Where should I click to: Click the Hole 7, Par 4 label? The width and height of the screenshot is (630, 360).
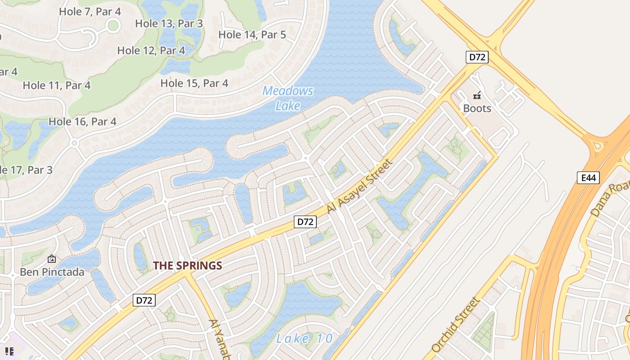click(x=90, y=12)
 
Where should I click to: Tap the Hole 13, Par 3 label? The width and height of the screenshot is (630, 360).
click(x=169, y=23)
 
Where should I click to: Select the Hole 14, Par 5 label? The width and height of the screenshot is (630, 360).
click(x=252, y=34)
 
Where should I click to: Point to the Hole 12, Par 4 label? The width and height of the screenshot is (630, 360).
click(x=151, y=50)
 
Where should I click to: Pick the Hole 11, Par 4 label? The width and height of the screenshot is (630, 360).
click(x=57, y=85)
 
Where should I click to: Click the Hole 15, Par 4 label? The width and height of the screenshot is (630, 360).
click(x=194, y=83)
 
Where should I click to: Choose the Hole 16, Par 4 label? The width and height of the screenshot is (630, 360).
click(x=82, y=121)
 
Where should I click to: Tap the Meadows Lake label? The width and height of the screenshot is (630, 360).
click(x=288, y=98)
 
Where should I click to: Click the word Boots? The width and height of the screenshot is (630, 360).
click(x=477, y=108)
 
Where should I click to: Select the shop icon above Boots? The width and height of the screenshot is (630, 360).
click(x=477, y=95)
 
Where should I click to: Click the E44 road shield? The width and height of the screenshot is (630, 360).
click(x=588, y=178)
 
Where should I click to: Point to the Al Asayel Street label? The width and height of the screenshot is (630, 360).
click(x=360, y=186)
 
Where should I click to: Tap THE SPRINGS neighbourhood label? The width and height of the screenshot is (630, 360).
click(x=188, y=265)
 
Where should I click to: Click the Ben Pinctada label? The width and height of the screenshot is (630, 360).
click(x=52, y=272)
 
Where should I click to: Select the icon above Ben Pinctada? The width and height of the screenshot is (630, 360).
click(x=52, y=259)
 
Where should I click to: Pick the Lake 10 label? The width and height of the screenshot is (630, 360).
click(x=305, y=338)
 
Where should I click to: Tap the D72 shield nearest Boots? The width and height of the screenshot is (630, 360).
click(x=477, y=57)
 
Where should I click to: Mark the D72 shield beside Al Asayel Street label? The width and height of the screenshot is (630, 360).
click(x=306, y=221)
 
